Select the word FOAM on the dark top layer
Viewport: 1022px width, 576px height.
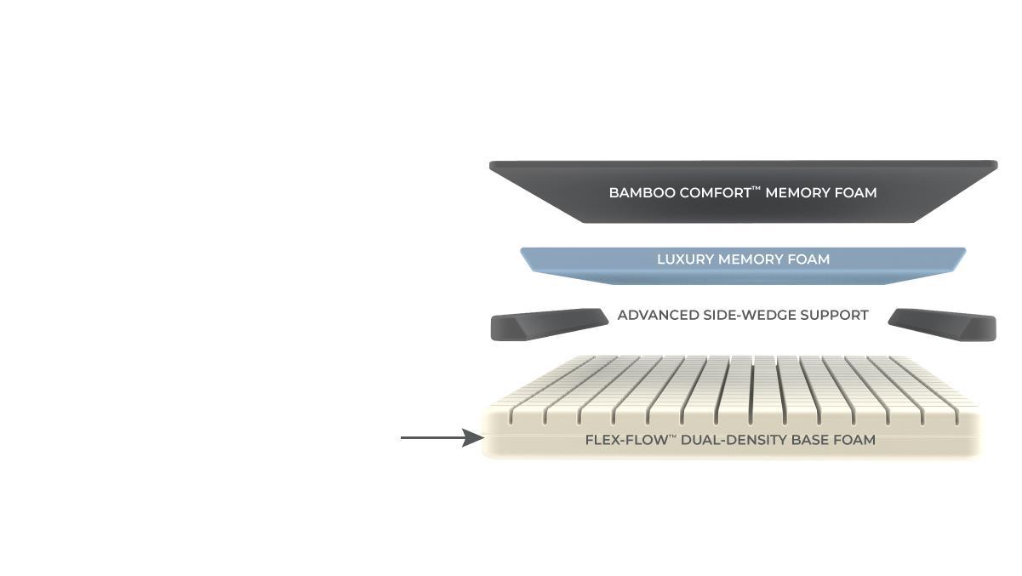click(x=856, y=193)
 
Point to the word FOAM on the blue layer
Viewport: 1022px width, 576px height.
click(x=808, y=259)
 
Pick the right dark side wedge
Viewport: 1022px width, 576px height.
click(x=943, y=325)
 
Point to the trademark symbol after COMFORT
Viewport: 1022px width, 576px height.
click(x=757, y=188)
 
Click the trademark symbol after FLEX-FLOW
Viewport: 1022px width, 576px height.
click(x=671, y=436)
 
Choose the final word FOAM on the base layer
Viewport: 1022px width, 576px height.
click(x=855, y=441)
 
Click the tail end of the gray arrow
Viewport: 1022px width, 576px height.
click(x=403, y=438)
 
